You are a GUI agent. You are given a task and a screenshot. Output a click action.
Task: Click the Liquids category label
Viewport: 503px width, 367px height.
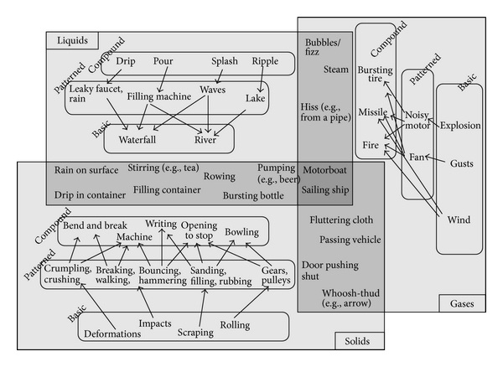(72, 39)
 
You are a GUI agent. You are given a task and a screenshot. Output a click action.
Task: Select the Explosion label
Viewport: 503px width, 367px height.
(460, 126)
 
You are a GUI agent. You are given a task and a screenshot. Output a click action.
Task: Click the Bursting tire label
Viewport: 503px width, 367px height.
(375, 72)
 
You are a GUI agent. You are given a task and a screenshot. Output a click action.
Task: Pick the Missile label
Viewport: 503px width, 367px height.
(373, 111)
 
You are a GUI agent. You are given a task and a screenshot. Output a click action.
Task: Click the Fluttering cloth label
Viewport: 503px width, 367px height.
(340, 220)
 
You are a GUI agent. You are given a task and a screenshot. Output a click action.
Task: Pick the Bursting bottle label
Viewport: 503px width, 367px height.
(254, 195)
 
